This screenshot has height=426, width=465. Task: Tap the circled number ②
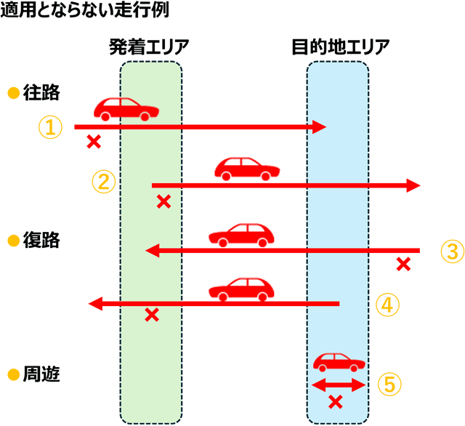tap(102, 181)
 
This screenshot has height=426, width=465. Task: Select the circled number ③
tap(451, 252)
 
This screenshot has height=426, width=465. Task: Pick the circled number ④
tap(387, 304)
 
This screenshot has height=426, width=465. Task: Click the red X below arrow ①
tap(93, 142)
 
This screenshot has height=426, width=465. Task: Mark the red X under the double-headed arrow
tap(336, 401)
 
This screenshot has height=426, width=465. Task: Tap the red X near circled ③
tap(403, 264)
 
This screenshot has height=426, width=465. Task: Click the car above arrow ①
tap(126, 109)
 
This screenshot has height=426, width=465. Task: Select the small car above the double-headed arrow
tap(339, 362)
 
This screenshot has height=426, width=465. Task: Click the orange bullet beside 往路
tap(12, 94)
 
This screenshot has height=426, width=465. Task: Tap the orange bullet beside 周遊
tap(12, 376)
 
